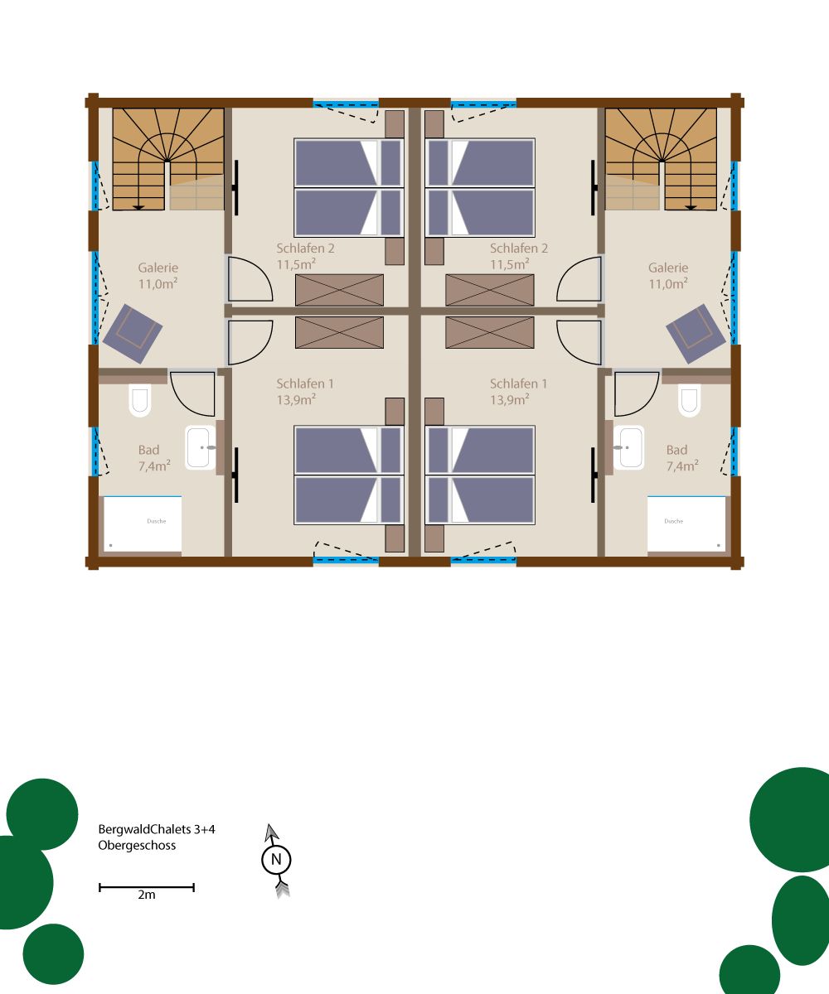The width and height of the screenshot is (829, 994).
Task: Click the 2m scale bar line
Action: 147,887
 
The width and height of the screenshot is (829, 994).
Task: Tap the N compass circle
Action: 276,860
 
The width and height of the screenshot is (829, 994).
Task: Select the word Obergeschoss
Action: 138,846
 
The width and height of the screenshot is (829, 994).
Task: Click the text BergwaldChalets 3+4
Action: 157,829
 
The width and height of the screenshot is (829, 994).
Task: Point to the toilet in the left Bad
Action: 140,400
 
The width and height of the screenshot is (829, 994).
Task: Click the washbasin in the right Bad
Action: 629,447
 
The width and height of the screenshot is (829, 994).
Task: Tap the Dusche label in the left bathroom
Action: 157,521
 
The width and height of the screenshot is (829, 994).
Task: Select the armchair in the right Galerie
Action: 696,333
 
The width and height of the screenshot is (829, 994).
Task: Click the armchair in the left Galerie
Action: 133,333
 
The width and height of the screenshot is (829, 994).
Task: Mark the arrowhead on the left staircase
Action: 138,208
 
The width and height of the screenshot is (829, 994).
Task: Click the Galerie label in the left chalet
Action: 158,268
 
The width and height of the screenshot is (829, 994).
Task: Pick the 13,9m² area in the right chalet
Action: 510,399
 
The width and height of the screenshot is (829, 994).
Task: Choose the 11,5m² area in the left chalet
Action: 296,263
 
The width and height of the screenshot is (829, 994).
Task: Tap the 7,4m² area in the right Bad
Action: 682,466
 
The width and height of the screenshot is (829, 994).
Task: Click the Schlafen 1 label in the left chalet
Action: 305,384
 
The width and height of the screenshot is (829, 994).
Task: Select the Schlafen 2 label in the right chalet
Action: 519,248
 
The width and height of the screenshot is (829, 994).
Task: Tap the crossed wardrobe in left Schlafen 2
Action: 339,290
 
